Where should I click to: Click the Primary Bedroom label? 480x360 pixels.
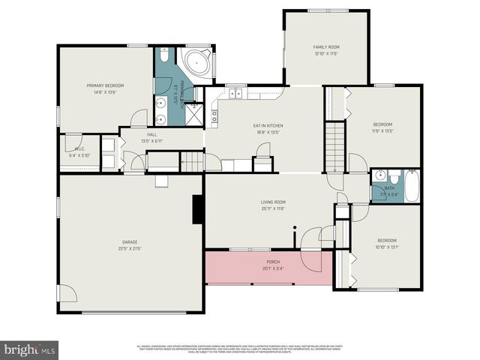104,85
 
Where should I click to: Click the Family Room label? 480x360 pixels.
326,47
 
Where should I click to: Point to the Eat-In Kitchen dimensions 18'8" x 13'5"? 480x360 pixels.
268,132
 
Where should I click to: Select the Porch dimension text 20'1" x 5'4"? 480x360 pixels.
273,268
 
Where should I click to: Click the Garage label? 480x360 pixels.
130,241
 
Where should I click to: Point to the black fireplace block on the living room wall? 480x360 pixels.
198,209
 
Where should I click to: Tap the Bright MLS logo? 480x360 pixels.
30,349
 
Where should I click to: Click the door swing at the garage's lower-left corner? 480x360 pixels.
67,294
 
